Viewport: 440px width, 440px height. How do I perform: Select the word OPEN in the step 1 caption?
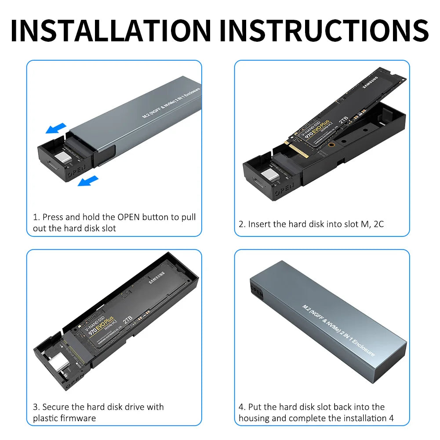pos(129,217)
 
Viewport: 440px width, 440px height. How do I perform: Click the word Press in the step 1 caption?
pos(54,217)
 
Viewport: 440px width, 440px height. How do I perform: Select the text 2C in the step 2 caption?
pos(378,224)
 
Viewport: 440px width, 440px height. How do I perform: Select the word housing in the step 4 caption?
pos(253,418)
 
